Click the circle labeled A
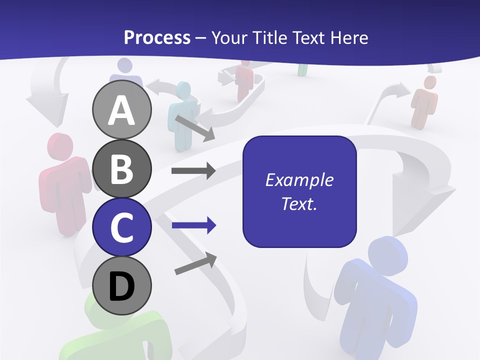pos(122,110)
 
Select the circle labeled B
pos(122,168)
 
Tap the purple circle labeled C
pos(122,227)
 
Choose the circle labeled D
pos(122,285)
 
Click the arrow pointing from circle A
pos(194,128)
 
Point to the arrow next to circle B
pos(193,171)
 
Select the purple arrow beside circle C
pos(193,225)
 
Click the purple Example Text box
pos(299,191)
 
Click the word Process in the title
pos(157,37)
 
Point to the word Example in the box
pos(299,180)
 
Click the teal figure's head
pos(183,91)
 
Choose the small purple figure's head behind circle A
pos(124,66)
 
